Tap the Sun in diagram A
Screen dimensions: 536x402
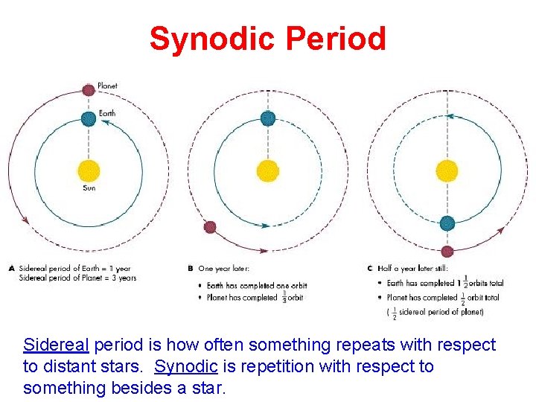coord(89,170)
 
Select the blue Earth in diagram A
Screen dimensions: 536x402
coord(89,117)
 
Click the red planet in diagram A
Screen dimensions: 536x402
coord(89,90)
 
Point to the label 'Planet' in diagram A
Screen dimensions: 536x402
coord(108,86)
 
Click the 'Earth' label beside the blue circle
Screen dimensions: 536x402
coord(109,114)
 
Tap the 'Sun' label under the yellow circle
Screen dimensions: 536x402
coord(89,188)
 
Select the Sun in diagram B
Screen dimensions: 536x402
coord(268,170)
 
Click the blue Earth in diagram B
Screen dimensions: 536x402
coord(268,117)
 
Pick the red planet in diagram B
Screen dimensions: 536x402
coord(210,226)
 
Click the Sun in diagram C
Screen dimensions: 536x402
coord(447,170)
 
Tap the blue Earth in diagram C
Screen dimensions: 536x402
coord(447,223)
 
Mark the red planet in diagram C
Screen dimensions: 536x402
coord(447,251)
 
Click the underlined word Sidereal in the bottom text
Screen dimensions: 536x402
coord(56,345)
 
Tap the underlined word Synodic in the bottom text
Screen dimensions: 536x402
coord(186,367)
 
